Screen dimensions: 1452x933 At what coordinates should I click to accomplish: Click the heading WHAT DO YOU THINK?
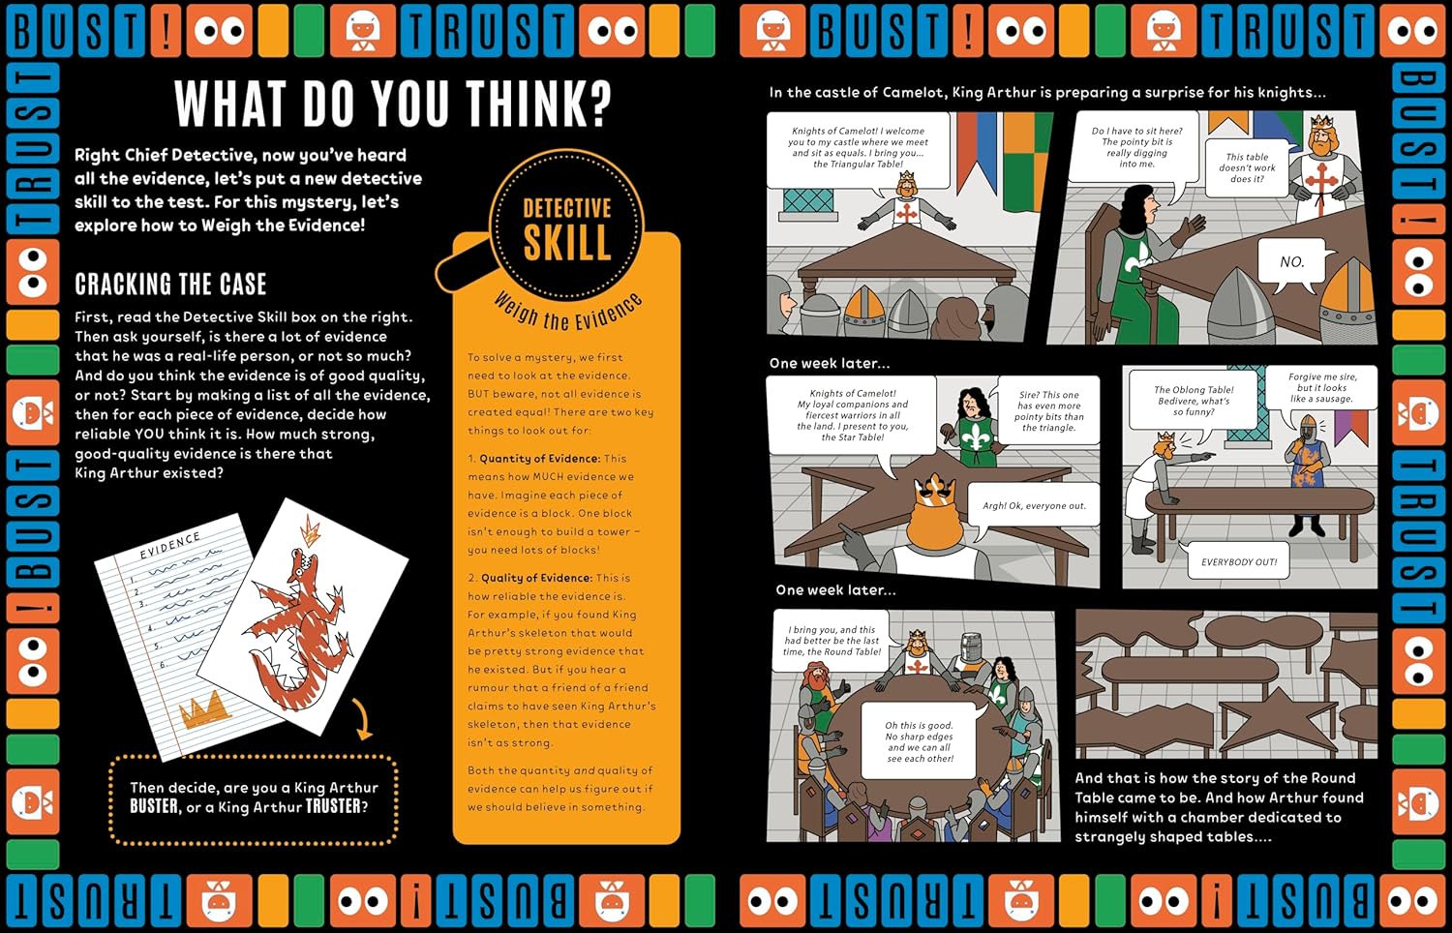click(x=393, y=104)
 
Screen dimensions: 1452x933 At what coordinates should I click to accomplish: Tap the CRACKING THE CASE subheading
click(x=170, y=285)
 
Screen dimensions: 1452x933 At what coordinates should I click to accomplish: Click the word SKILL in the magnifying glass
click(x=567, y=242)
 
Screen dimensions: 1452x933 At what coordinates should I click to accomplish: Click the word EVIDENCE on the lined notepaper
click(x=169, y=546)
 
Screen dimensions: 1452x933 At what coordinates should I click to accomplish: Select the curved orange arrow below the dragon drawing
click(x=362, y=718)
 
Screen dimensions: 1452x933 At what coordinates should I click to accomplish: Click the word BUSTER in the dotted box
click(x=154, y=806)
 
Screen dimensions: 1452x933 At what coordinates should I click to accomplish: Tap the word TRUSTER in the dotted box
click(x=333, y=806)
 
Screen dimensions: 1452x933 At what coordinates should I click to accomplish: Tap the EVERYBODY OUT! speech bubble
click(x=1239, y=561)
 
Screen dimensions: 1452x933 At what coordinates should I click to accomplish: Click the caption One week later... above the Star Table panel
click(x=830, y=364)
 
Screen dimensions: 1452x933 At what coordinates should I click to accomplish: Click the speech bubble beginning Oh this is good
click(x=920, y=740)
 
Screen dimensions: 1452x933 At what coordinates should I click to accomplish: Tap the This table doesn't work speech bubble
click(x=1247, y=167)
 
